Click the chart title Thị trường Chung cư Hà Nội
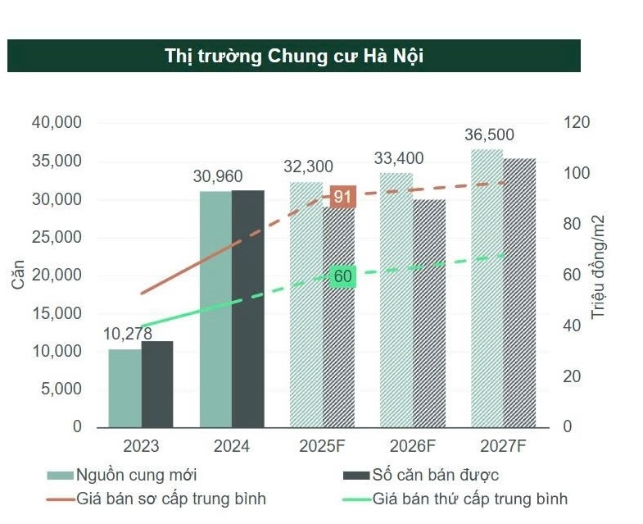(293, 56)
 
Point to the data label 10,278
(127, 334)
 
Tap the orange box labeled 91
(342, 197)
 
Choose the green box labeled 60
(342, 276)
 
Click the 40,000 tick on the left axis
(57, 122)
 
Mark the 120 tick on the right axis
(577, 122)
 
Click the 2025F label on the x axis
(321, 447)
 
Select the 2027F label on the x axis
(503, 447)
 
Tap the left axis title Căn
(19, 274)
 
